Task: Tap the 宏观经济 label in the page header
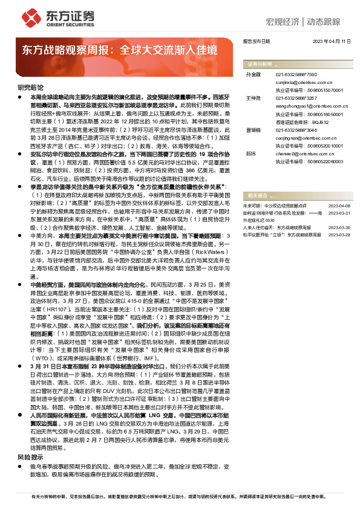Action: coord(283,22)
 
